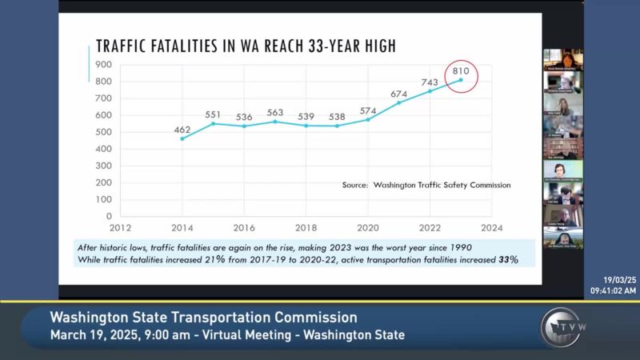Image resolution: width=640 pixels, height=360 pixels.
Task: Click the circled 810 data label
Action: point(461,71)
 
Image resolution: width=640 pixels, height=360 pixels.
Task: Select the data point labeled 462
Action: point(182,138)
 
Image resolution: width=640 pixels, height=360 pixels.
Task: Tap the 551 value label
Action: point(213,114)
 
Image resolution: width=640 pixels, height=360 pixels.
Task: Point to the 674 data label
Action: point(399,94)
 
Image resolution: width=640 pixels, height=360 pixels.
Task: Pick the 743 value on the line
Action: point(430,82)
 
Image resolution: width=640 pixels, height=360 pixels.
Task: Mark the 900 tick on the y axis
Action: point(103,65)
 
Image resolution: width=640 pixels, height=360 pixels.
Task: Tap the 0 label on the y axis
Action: point(108,216)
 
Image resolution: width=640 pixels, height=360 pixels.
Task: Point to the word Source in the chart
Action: point(354,185)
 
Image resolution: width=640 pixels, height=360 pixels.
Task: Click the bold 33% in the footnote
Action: point(509,260)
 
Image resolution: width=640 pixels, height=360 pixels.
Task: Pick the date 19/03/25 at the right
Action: point(620,279)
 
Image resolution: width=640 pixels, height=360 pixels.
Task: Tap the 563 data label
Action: point(274,112)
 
